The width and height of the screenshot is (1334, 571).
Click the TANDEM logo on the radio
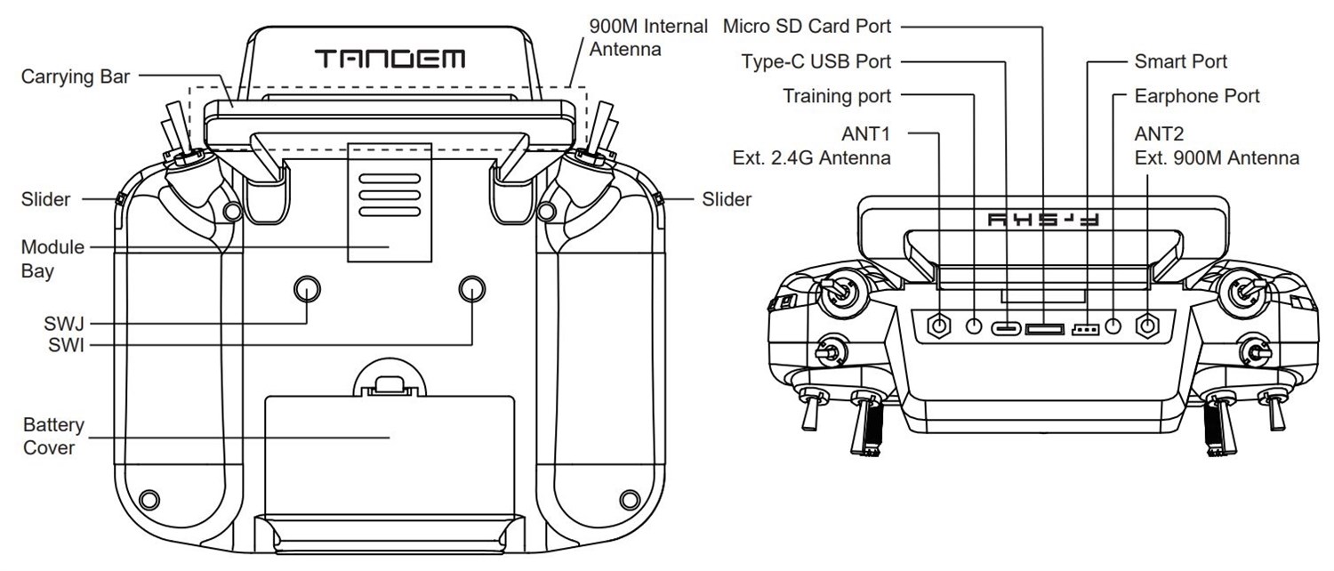[x=390, y=60]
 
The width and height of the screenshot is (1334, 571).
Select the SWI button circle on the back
[x=471, y=288]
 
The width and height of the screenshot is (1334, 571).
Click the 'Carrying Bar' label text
[x=76, y=77]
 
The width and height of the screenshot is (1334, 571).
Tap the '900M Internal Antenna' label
[x=648, y=37]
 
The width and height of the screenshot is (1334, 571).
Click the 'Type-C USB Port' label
[x=816, y=61]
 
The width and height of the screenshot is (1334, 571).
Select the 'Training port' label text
[x=837, y=96]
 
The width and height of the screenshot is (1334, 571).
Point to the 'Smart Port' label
[x=1180, y=61]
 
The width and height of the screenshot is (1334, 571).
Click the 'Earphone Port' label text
[x=1197, y=96]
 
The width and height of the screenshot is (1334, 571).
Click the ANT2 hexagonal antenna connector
[x=1148, y=326]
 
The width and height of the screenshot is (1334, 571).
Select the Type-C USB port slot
[x=1007, y=327]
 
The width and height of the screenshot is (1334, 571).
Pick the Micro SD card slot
[x=1044, y=329]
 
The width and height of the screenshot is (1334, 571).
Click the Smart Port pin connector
[x=1086, y=329]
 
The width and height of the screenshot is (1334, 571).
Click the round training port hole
[x=976, y=326]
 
